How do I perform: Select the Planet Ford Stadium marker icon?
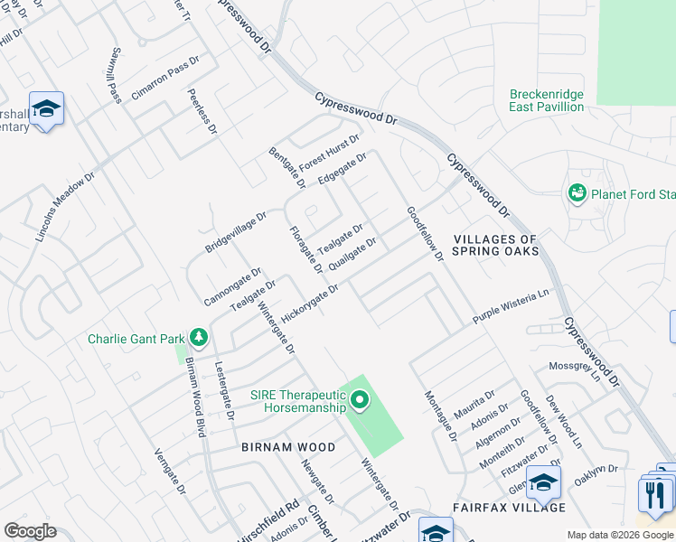576,193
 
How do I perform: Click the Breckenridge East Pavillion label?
547,100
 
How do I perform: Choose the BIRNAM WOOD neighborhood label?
288,447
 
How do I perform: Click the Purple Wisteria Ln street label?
511,308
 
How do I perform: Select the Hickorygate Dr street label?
309,304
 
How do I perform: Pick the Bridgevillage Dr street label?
236,232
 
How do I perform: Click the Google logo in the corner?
30,531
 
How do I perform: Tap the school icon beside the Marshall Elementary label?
45,109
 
